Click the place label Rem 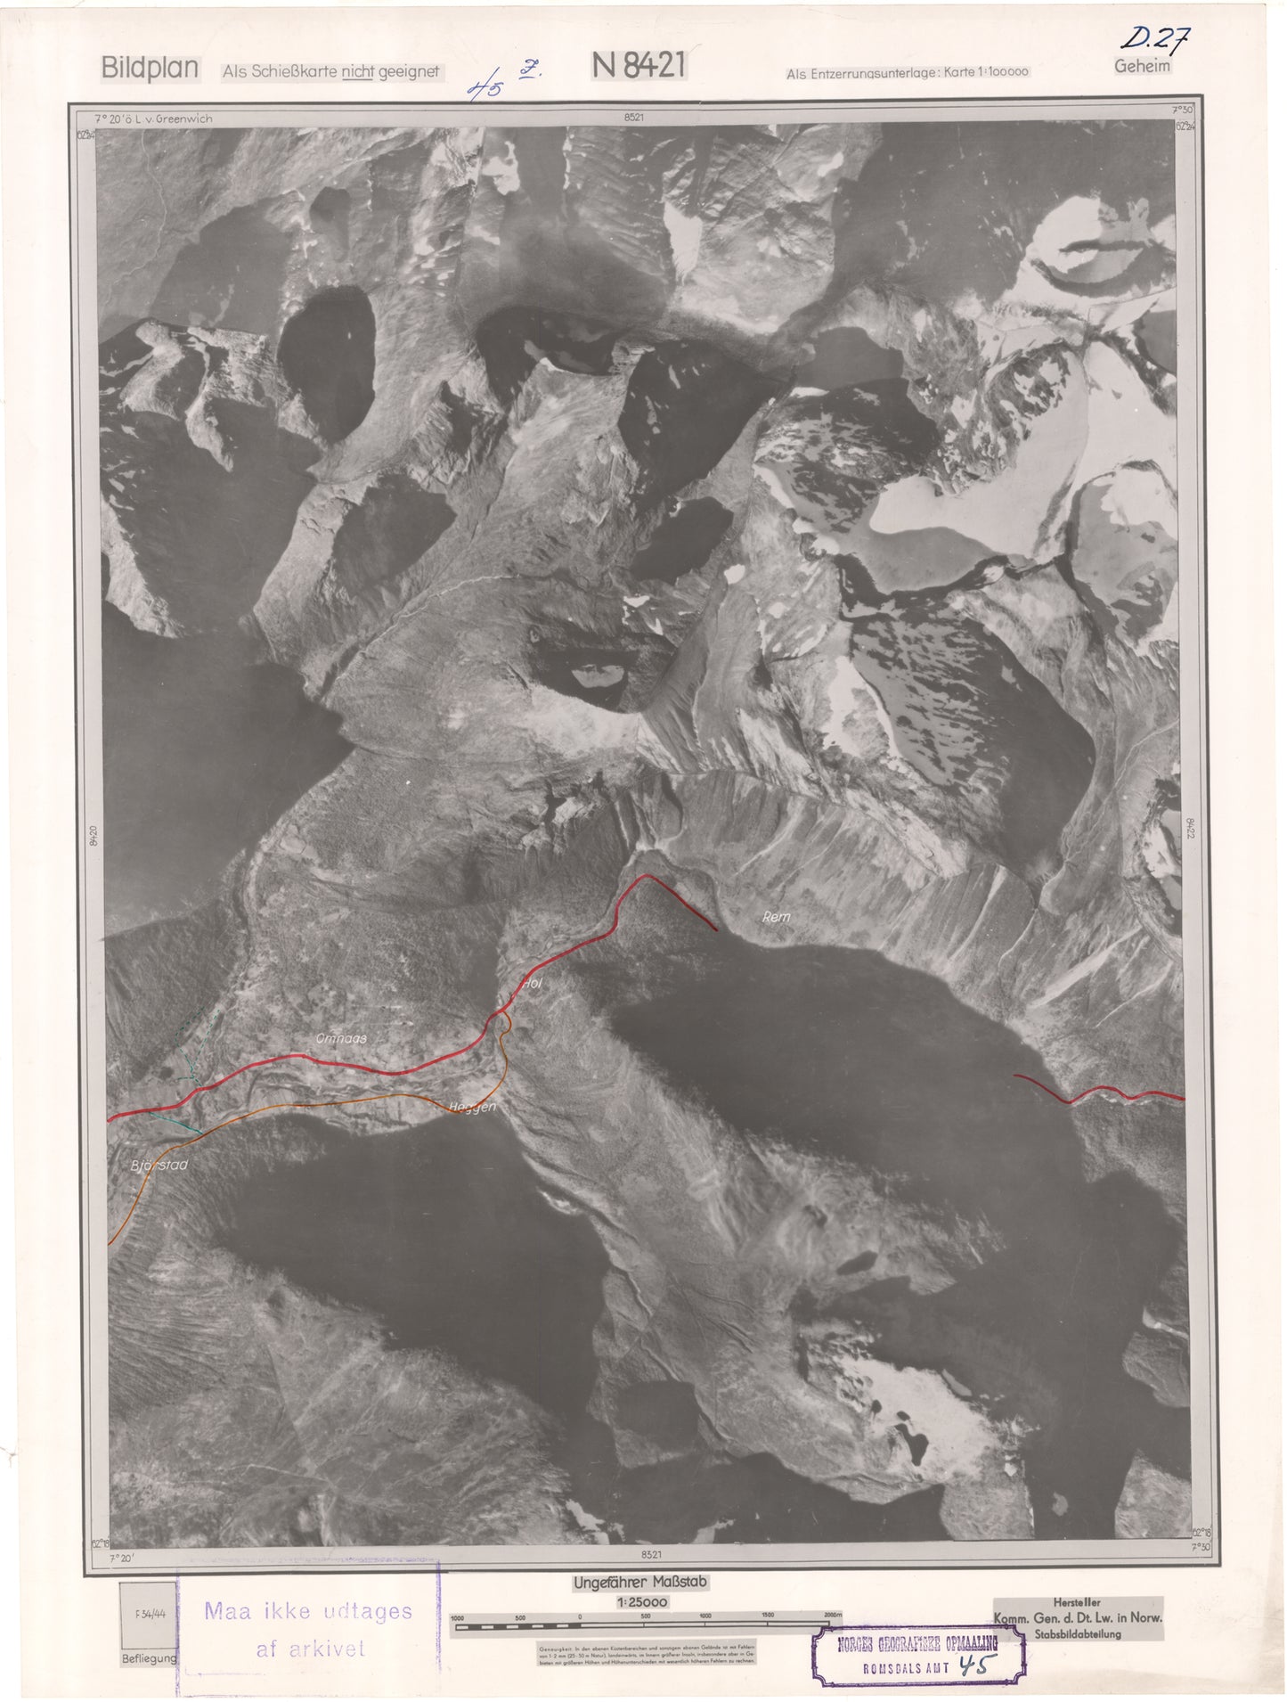pos(777,916)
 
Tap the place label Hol pos(534,984)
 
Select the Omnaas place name pos(341,1038)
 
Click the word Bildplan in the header pos(150,69)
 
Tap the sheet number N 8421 pos(638,65)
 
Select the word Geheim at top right pos(1142,66)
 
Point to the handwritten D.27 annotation pos(1156,38)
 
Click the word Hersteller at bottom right pos(1077,1602)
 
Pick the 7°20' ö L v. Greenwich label pos(153,118)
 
